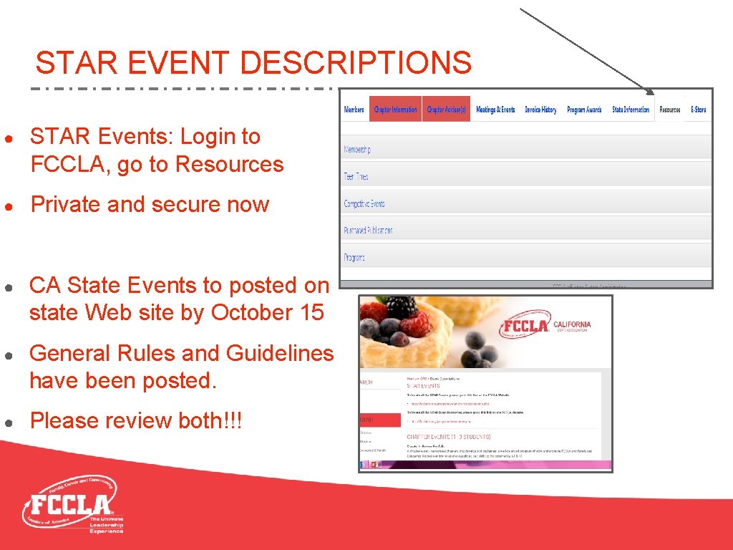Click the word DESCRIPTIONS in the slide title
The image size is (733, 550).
tap(356, 63)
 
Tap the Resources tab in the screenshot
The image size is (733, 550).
tap(670, 110)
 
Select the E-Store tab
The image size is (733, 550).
tap(699, 110)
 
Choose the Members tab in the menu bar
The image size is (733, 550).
tap(354, 110)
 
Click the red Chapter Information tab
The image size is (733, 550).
tap(395, 110)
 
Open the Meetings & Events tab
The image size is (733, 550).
tap(495, 110)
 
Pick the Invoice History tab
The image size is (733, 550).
tap(540, 110)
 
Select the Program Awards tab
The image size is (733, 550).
tap(584, 110)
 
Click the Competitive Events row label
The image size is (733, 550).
tap(364, 204)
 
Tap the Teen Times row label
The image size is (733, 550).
tap(356, 177)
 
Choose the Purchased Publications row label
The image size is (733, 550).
tap(368, 231)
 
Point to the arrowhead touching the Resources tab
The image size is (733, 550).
tap(650, 91)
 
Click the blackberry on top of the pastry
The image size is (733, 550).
tap(402, 307)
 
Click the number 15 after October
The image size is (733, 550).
tap(311, 313)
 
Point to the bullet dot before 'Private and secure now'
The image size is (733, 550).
tap(7, 206)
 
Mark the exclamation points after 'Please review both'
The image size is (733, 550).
tap(233, 421)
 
